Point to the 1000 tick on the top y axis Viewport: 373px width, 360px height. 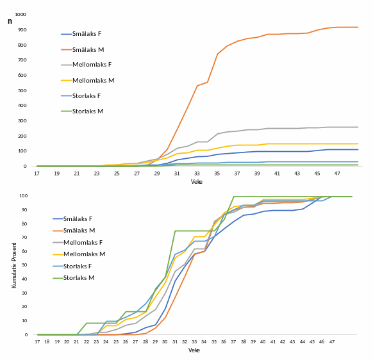[21, 14]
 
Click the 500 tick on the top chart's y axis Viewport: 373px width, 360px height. [22, 90]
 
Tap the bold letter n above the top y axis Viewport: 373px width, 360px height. [10, 21]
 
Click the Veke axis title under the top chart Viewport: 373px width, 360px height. [196, 182]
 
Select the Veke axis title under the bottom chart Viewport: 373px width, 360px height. [194, 350]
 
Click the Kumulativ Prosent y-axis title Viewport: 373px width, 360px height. [14, 265]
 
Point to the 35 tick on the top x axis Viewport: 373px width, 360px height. [217, 174]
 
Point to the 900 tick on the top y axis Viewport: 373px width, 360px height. [22, 29]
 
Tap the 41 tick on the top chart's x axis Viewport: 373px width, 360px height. [277, 174]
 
